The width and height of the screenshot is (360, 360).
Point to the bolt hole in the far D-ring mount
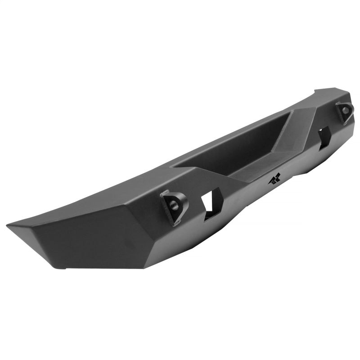[x=345, y=109]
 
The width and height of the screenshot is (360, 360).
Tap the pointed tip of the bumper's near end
[x=9, y=224]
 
